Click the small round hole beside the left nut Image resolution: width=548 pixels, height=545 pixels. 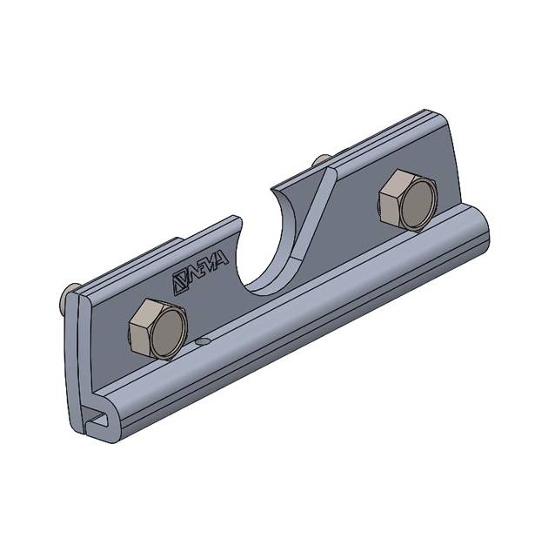coord(203,343)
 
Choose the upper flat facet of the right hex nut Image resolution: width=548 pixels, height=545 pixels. coord(398,183)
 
